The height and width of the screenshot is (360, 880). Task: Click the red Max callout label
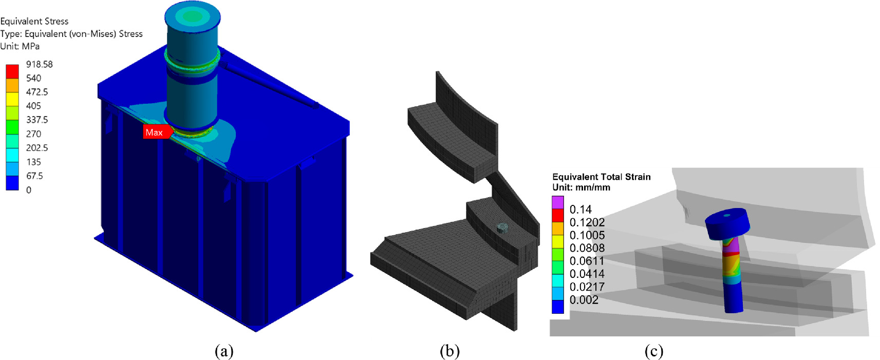coord(154,132)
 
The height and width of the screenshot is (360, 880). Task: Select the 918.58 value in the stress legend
coord(40,64)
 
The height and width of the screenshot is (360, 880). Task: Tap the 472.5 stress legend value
coord(37,92)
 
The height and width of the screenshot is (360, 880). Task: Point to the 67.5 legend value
coord(34,176)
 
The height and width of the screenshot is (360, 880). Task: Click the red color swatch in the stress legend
coord(12,71)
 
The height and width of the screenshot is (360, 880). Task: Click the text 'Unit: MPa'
coord(20,46)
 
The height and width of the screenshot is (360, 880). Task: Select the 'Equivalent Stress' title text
coord(34,21)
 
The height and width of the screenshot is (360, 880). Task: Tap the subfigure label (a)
coord(224,351)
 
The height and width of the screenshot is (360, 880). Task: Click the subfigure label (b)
coord(450,351)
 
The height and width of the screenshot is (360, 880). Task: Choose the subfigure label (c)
coord(654,351)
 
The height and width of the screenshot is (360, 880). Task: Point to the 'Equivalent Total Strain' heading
coord(602,177)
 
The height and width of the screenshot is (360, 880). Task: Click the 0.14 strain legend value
coord(581,210)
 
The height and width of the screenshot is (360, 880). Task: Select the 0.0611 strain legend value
coord(587,261)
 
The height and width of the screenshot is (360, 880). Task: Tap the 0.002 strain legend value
coord(584,300)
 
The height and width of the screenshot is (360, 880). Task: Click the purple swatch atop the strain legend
coord(558,202)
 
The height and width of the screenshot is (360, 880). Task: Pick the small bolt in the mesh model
coord(502,228)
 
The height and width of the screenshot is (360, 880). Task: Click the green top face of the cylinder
coord(192,16)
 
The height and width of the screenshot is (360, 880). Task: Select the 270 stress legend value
coord(33,134)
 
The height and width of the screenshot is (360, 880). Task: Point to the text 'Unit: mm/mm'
coord(581,187)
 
